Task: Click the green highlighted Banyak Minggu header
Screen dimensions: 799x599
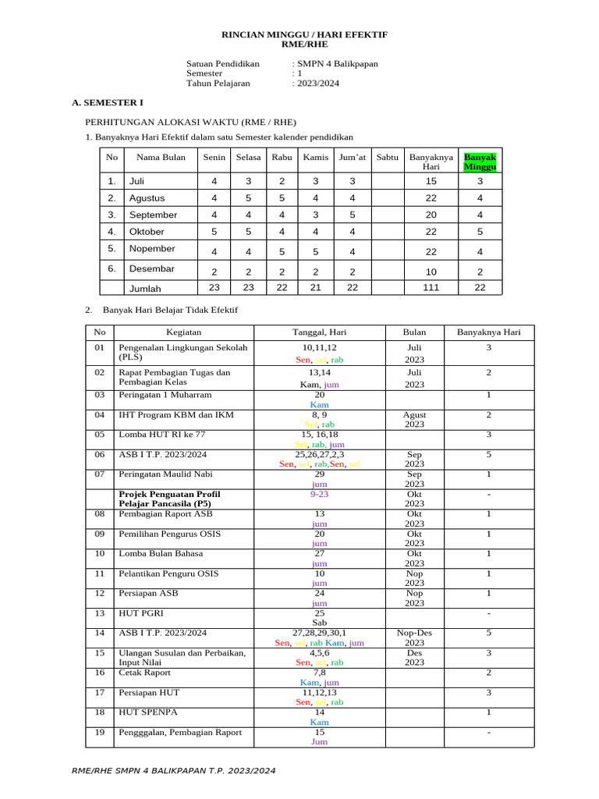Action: click(480, 162)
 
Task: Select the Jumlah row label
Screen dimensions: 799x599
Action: click(145, 288)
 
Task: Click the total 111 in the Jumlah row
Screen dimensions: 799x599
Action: click(431, 288)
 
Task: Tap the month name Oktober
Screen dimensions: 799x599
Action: click(147, 232)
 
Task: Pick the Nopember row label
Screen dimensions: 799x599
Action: click(152, 249)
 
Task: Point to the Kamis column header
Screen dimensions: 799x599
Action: click(316, 158)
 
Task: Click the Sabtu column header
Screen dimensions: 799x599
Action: click(387, 158)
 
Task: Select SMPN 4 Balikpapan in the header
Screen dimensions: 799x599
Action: click(336, 64)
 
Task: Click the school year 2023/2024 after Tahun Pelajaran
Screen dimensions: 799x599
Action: click(317, 83)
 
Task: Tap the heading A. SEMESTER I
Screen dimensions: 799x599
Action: click(108, 102)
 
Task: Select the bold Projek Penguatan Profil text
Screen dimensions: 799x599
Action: click(168, 494)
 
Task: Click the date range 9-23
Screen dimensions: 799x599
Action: click(319, 494)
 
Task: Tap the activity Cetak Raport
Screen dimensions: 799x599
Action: click(144, 673)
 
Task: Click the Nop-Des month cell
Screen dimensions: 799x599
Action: click(414, 634)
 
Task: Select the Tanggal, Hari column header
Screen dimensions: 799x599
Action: click(319, 332)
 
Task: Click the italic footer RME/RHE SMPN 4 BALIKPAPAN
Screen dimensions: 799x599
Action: click(173, 771)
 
